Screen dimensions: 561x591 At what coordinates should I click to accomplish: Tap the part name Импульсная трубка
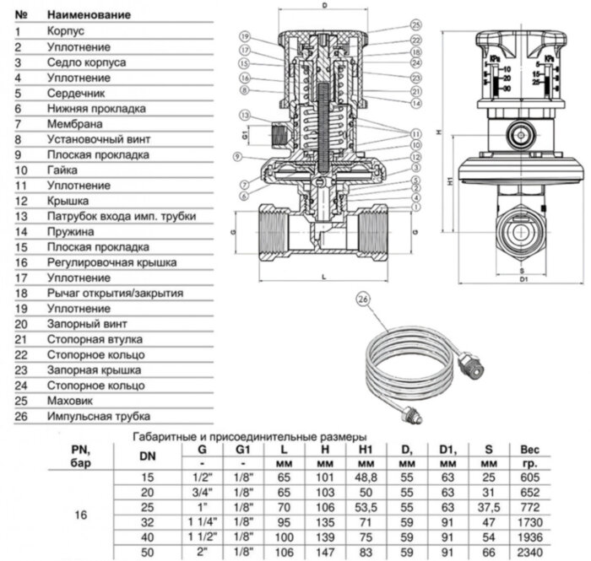tap(99, 417)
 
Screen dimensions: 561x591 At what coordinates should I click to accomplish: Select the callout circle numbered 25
tap(415, 24)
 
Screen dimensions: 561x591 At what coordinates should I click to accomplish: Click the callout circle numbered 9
tap(239, 157)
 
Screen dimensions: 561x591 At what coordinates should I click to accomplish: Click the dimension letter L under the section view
tap(324, 276)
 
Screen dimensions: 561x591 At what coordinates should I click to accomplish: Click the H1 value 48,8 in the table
tap(366, 477)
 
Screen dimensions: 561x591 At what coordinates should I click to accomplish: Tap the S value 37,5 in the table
tap(488, 508)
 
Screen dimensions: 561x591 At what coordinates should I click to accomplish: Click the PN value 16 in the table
tap(81, 513)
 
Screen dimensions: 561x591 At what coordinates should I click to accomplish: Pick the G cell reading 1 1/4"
tap(201, 523)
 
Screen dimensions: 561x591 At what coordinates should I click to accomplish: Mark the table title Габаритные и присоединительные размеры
tap(250, 437)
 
